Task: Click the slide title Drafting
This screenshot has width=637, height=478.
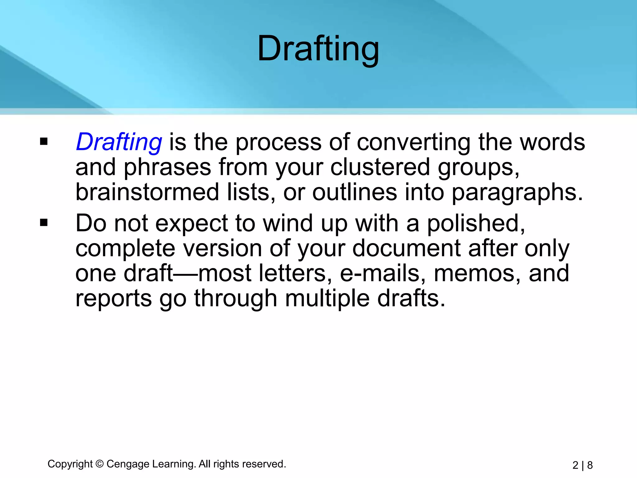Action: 318,49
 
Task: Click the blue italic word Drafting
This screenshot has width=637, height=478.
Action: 119,142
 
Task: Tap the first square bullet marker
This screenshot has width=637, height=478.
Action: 44,142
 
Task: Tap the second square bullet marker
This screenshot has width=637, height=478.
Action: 44,223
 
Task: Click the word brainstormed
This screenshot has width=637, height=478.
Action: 147,192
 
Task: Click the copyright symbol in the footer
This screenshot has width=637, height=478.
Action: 100,464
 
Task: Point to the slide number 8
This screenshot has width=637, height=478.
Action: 590,465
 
